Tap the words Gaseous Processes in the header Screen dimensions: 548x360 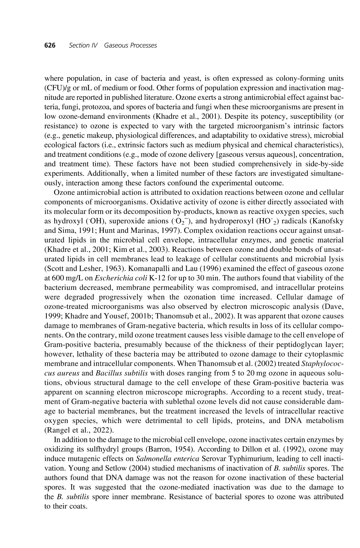(130, 45)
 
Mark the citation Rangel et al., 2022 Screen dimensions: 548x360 (79, 430)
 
